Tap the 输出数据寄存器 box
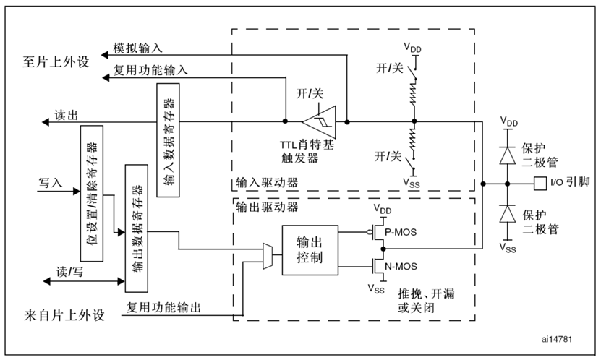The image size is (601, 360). [135, 228]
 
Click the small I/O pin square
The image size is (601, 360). [537, 182]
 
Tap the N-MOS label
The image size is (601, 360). [401, 265]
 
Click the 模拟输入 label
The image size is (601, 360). [138, 48]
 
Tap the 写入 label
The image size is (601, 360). [51, 183]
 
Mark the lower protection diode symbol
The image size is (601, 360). [508, 214]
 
